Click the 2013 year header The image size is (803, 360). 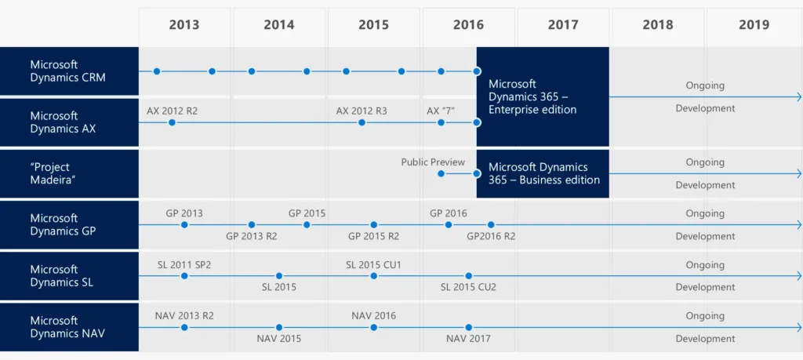pos(184,25)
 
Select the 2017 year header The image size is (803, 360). pos(563,25)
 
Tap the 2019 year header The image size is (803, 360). pos(754,25)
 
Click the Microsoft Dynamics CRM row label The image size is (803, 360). pos(68,71)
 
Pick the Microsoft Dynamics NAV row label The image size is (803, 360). pos(68,327)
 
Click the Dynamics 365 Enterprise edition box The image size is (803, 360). pos(542,96)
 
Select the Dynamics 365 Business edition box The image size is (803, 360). pos(543,173)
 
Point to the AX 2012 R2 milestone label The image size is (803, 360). pos(172,111)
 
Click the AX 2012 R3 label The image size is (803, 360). pos(362,111)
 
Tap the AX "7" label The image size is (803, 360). pos(441,111)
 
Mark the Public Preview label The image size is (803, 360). pos(433,162)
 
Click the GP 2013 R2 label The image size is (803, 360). pos(252,236)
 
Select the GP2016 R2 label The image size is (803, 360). pos(491,236)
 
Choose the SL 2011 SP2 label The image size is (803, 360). pos(184,265)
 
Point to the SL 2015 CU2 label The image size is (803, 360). pos(468,287)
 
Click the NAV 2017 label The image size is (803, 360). pos(468,339)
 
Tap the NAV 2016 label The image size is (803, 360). pos(374,316)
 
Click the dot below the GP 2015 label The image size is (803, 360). pos(307,225)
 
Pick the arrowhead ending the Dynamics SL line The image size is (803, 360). pos(798,276)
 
